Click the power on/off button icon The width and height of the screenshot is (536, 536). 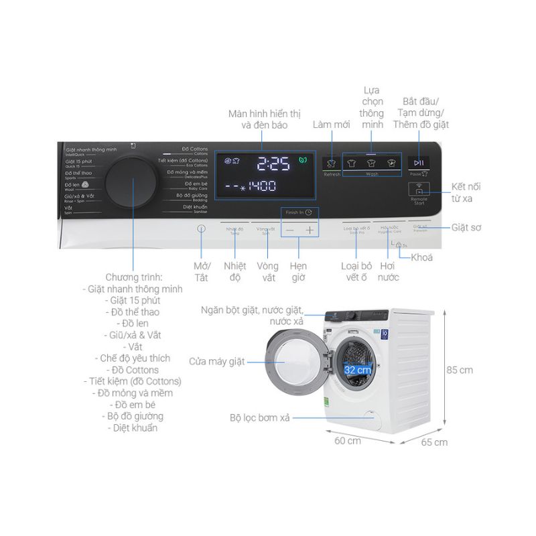pyautogui.click(x=202, y=229)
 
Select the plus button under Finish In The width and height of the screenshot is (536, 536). pyautogui.click(x=310, y=230)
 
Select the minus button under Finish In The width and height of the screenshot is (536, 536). pyautogui.click(x=289, y=230)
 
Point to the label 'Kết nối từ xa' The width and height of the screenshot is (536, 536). pyautogui.click(x=466, y=192)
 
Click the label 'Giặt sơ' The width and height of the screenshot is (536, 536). pyautogui.click(x=466, y=228)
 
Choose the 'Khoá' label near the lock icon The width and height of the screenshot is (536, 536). pyautogui.click(x=421, y=257)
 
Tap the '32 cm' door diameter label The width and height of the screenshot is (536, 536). pyautogui.click(x=358, y=369)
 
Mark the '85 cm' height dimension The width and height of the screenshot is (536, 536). pyautogui.click(x=460, y=370)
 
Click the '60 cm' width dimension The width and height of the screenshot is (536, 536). pyautogui.click(x=348, y=440)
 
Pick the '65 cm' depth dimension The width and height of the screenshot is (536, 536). pyautogui.click(x=435, y=442)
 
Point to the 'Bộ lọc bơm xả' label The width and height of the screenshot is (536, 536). pyautogui.click(x=259, y=417)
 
